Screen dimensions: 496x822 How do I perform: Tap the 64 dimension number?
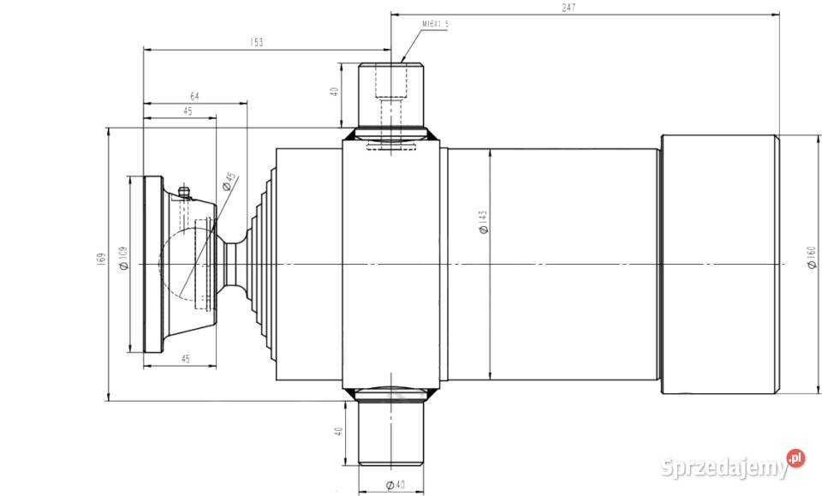194,96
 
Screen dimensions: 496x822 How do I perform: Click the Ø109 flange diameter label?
124,259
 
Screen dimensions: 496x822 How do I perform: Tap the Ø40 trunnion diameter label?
394,486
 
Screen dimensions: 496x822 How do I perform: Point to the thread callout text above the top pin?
435,25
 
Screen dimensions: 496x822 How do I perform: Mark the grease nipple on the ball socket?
182,191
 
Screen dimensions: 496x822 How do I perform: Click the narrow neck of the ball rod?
233,266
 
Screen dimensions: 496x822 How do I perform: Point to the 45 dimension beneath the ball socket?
186,359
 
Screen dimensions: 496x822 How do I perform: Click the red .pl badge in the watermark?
796,459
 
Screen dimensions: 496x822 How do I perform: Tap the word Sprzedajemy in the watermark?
724,468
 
